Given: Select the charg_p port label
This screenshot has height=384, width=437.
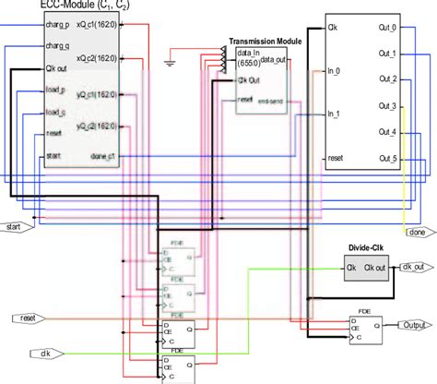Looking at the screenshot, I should point(57,27).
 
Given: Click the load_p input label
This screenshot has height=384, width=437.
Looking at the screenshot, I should point(56,92).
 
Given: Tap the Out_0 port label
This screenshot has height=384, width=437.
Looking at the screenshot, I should point(388,29).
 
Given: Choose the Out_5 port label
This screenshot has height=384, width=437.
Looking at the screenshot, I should point(388,158).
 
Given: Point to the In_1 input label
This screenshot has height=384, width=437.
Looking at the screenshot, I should point(335,114).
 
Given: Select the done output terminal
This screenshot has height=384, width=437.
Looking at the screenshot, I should point(416,233).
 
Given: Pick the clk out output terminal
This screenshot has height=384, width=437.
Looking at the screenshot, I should point(414,268).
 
